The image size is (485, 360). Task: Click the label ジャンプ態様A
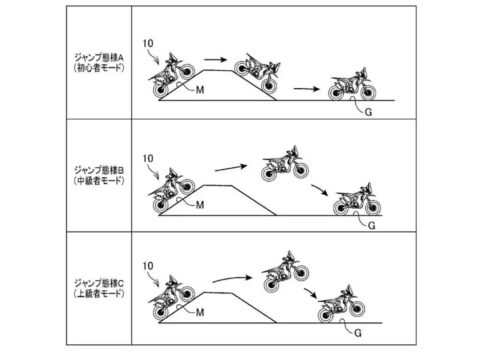[99, 57]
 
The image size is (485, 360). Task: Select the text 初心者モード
[99, 68]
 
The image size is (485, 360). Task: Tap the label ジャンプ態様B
[99, 170]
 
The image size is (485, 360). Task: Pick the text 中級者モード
[99, 181]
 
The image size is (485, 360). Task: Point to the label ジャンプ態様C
[99, 283]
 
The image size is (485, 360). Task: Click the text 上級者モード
[99, 294]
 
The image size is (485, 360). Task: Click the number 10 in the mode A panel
[148, 43]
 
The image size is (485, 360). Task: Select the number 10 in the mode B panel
[148, 159]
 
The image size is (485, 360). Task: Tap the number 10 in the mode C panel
[148, 266]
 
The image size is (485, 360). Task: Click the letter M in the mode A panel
[200, 90]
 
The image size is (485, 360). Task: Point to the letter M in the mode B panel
[200, 205]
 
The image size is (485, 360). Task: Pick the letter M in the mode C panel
[200, 312]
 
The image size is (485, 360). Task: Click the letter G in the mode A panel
[368, 112]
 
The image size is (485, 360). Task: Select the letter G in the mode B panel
[372, 226]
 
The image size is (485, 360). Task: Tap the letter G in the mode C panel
[358, 333]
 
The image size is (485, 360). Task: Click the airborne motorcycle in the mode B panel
[285, 164]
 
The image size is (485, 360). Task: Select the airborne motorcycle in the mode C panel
[285, 272]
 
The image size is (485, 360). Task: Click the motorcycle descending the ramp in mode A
[257, 73]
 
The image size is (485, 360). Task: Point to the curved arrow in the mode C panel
[232, 278]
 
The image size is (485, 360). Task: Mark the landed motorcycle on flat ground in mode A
[352, 84]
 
